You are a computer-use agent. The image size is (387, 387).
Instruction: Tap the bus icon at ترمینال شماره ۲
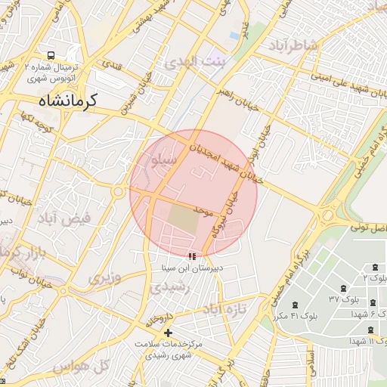(x=51, y=56)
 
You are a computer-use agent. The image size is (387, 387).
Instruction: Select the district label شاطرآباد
(x=295, y=48)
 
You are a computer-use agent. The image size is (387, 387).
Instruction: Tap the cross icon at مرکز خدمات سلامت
(x=168, y=333)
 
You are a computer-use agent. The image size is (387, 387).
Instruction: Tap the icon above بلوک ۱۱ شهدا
(x=370, y=331)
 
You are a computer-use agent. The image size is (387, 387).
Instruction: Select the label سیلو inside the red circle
(x=165, y=161)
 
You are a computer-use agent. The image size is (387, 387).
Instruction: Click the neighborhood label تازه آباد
(x=225, y=309)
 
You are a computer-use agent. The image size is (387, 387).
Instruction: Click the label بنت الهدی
(x=195, y=60)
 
